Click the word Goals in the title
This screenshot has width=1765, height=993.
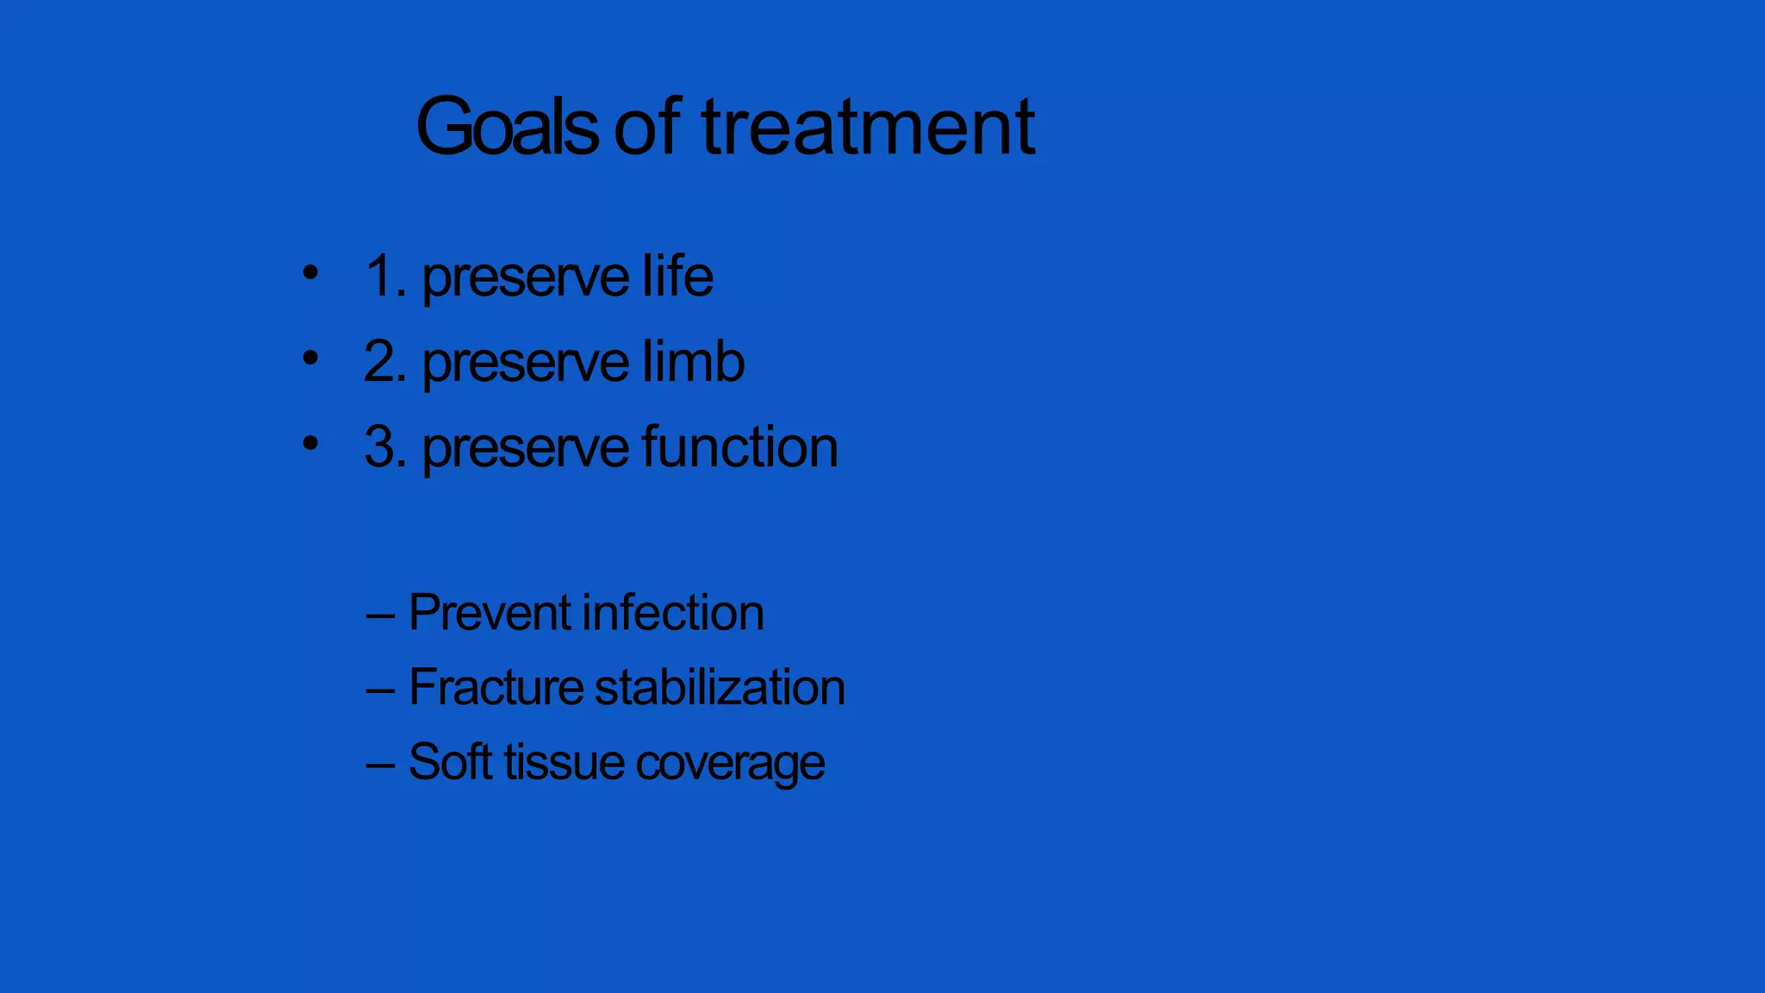[507, 128]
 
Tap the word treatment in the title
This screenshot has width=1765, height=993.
[869, 128]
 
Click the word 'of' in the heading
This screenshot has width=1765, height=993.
[648, 128]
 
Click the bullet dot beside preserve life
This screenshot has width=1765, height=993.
[310, 273]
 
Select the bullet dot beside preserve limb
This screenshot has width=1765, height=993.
[310, 358]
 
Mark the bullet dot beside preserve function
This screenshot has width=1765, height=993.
[310, 443]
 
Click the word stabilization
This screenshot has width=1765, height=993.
[720, 687]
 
